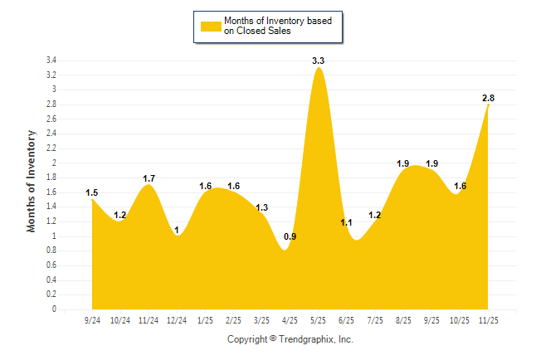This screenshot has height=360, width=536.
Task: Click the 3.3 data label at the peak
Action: [318, 61]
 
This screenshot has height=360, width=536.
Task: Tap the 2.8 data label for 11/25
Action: [489, 99]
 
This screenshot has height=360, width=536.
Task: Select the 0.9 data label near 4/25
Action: [290, 237]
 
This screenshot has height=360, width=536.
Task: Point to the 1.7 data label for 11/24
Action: [149, 178]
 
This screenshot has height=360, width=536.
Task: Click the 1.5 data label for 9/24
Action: [92, 193]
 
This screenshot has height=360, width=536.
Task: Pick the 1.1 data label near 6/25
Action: [347, 222]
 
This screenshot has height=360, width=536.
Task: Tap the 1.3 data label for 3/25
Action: [261, 207]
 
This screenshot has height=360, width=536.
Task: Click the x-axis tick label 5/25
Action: [319, 319]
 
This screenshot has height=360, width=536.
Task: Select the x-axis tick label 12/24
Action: [177, 319]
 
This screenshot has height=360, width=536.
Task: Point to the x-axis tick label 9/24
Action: [92, 319]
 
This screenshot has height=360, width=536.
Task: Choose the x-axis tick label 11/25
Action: [489, 319]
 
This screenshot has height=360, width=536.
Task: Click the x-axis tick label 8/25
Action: [403, 319]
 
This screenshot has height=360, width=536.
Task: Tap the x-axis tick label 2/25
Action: [233, 319]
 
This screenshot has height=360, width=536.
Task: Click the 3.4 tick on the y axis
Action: [51, 61]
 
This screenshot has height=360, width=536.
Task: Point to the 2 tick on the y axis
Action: [54, 163]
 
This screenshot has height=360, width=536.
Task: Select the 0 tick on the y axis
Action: [54, 309]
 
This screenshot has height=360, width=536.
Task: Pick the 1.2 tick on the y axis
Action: [51, 221]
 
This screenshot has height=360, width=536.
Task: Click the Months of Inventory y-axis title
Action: [32, 180]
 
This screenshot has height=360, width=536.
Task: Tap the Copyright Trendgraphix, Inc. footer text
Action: [290, 340]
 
